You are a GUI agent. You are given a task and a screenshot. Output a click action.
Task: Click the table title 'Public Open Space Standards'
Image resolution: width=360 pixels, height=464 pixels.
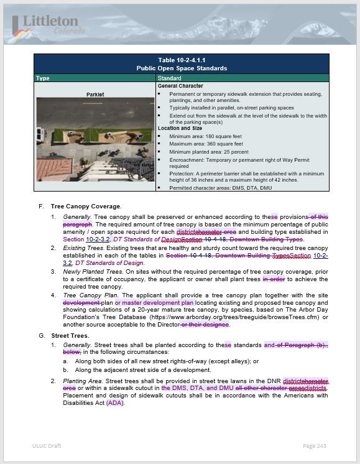click(x=180, y=68)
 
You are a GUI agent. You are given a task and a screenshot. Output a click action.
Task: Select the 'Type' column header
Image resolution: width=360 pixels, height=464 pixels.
click(x=43, y=78)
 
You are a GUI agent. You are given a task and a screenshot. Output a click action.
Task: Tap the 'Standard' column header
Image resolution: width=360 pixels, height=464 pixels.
click(x=170, y=78)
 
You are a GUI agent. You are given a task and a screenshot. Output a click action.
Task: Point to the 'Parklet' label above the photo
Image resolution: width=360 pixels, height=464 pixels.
click(x=95, y=95)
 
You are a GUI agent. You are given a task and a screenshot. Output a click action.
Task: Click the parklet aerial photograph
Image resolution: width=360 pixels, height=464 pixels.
click(x=95, y=139)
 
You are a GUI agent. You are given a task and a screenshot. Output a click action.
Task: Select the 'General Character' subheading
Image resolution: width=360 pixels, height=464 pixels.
click(x=180, y=86)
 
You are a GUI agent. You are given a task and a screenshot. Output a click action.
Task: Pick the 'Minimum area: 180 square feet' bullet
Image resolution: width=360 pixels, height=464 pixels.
click(x=205, y=136)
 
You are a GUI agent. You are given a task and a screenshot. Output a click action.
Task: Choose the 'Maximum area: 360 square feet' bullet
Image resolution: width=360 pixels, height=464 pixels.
click(x=206, y=144)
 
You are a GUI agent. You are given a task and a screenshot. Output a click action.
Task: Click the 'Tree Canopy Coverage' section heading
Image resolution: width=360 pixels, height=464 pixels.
click(x=86, y=206)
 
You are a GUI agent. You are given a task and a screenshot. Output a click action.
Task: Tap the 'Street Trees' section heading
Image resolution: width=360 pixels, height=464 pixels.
click(x=70, y=335)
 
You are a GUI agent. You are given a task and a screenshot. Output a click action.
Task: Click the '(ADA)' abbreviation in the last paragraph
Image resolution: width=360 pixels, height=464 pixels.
click(x=115, y=402)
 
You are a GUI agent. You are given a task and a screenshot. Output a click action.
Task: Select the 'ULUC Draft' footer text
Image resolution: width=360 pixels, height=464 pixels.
click(x=47, y=446)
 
